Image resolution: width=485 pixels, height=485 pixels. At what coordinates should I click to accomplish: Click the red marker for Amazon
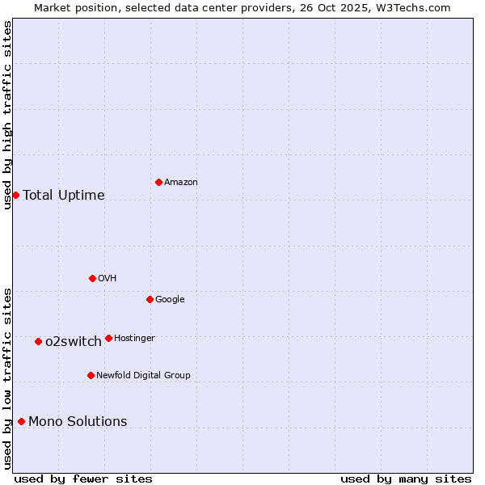click(158, 182)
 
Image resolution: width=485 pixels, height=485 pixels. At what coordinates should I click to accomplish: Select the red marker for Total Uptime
click(15, 195)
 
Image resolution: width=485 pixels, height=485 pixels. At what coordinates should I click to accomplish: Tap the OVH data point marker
click(92, 278)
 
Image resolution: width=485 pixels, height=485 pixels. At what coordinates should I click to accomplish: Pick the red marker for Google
click(150, 299)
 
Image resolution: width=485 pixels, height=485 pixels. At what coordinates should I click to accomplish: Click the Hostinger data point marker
click(108, 338)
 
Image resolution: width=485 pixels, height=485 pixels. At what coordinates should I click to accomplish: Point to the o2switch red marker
click(38, 341)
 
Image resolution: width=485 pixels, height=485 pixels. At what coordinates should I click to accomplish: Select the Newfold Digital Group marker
click(91, 375)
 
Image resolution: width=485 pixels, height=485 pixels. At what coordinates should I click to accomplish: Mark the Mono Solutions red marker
click(21, 421)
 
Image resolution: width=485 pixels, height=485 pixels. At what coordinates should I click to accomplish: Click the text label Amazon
click(181, 183)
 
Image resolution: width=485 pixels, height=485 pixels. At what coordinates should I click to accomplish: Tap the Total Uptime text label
click(64, 196)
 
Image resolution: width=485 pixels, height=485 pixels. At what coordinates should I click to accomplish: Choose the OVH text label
click(108, 279)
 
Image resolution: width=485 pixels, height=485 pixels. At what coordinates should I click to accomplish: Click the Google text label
click(170, 300)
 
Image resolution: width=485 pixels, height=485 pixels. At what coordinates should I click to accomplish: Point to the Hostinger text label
click(134, 339)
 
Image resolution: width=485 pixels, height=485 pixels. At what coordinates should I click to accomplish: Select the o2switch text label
click(74, 342)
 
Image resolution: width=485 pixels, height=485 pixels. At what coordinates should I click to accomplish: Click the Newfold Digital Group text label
click(143, 376)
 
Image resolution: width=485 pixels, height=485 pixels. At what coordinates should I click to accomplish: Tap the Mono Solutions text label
click(78, 422)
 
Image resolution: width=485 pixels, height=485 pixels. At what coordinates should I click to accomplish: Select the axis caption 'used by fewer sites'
click(83, 479)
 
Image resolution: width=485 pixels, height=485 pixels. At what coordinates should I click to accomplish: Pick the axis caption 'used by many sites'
click(406, 479)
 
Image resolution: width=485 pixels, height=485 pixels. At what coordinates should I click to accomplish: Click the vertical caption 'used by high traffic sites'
click(7, 115)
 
